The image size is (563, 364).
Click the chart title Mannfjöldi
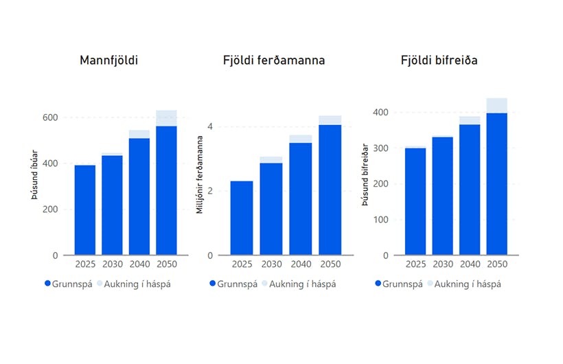(x=109, y=61)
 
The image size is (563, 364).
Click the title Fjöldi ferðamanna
(x=274, y=61)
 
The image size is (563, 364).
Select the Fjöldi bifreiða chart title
(x=439, y=61)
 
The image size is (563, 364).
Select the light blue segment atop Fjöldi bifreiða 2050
(x=496, y=106)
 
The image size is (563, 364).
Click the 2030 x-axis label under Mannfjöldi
(x=112, y=264)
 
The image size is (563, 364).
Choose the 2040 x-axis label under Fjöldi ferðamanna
(x=300, y=264)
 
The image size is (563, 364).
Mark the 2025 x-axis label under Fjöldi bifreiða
(x=415, y=264)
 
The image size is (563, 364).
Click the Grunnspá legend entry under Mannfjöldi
(x=68, y=284)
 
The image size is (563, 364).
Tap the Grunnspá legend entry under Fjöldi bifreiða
(x=398, y=284)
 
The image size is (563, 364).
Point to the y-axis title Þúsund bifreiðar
(x=365, y=174)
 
